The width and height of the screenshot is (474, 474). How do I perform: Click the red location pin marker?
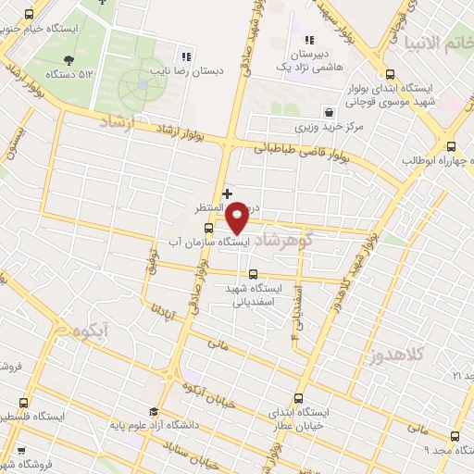238,216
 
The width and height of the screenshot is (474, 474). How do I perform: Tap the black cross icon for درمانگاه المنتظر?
227,193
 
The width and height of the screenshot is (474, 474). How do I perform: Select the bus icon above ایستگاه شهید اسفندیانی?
254,273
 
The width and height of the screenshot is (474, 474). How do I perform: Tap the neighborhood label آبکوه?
94,330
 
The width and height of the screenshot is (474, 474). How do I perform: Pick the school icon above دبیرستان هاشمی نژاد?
310,40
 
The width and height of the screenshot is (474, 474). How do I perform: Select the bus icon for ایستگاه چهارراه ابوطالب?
451,146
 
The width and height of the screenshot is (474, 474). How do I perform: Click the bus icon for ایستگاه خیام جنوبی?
29,15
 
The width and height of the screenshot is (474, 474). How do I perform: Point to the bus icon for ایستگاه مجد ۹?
454,436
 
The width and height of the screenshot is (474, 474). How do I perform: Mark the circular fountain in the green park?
143,84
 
